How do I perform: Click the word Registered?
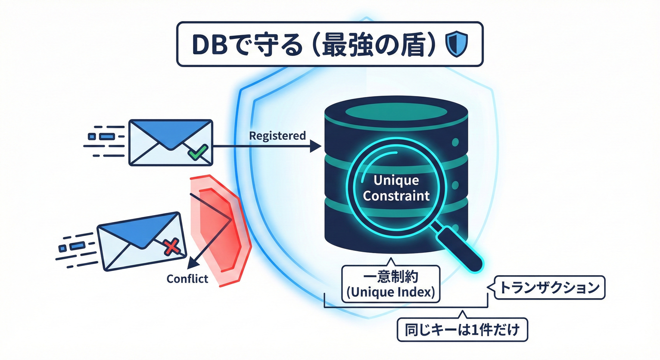277,136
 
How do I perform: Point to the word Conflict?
187,278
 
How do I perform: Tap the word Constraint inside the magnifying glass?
396,195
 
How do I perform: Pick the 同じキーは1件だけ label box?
462,330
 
